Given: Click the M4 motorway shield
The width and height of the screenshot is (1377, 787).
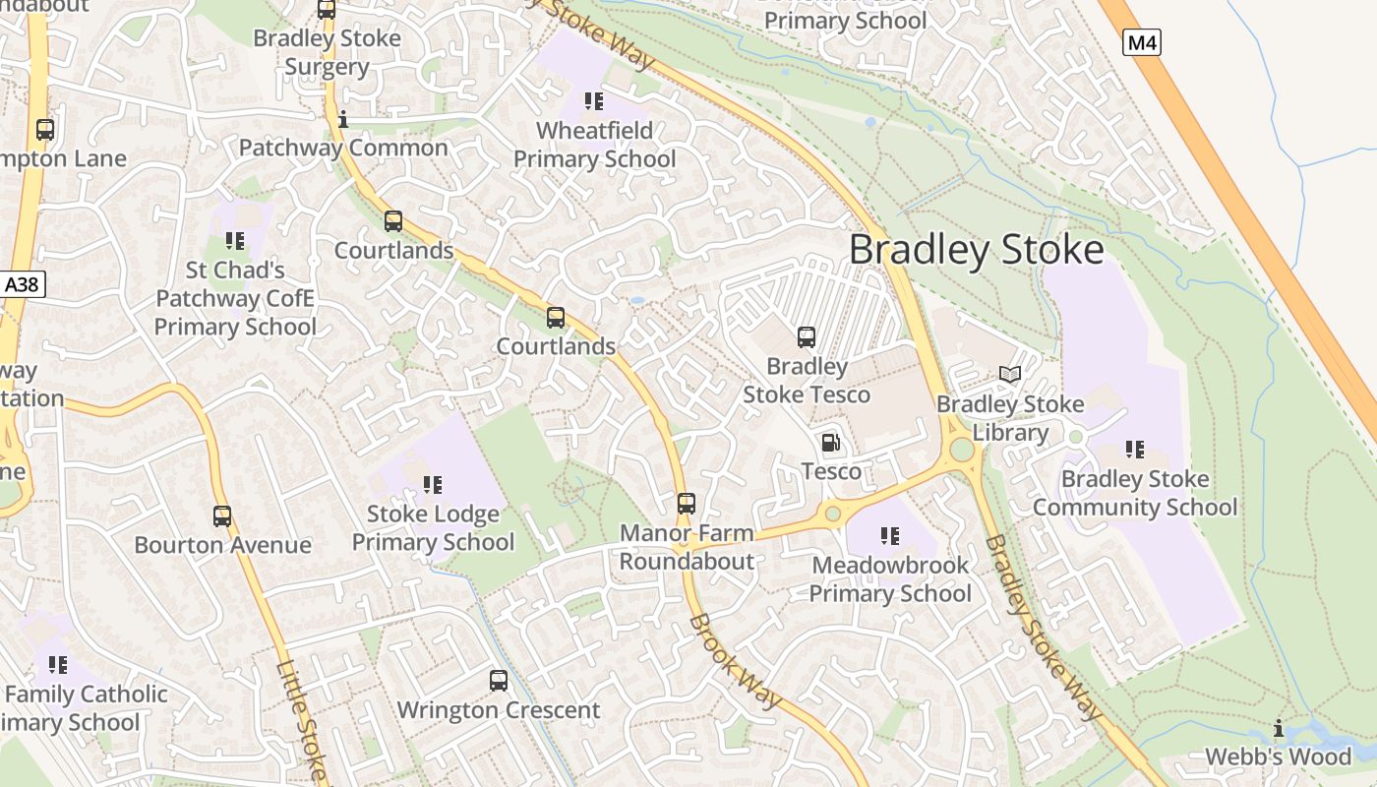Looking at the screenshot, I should coord(1141,42).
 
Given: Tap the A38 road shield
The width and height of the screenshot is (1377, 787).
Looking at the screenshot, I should coord(22,285).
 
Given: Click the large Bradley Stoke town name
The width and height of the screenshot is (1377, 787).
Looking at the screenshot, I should coord(976,250).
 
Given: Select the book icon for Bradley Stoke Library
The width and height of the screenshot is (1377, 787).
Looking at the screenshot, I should coord(1010,374).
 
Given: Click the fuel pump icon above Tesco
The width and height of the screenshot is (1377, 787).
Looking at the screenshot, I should coord(831,443).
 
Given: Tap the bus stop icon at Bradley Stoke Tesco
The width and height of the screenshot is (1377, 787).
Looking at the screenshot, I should coord(807,337).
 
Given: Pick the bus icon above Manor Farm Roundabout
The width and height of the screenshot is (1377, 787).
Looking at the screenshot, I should coord(687,504).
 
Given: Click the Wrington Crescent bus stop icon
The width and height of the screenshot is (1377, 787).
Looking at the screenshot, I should coord(499,680).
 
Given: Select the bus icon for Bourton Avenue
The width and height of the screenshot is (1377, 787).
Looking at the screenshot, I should coord(222,515).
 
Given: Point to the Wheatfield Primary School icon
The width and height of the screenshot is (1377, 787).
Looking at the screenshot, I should coord(593,101).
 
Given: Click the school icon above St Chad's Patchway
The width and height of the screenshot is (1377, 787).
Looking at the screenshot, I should coord(234,240).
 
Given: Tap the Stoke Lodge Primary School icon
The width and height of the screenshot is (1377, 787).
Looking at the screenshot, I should coord(432,484).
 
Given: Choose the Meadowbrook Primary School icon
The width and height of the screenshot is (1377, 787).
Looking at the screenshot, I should coord(889,536).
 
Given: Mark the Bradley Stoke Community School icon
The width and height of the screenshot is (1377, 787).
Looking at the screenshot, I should coord(1134,450).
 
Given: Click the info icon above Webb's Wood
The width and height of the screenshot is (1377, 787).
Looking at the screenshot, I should coord(1279,728).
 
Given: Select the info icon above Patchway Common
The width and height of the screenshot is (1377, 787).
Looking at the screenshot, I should coord(343,120).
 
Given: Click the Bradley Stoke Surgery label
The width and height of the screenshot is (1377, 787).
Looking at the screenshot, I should coord(327,53).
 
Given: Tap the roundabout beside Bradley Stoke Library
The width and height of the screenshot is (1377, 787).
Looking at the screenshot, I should coord(961,450).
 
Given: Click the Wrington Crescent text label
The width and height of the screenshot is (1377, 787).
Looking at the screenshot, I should coord(499,710).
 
